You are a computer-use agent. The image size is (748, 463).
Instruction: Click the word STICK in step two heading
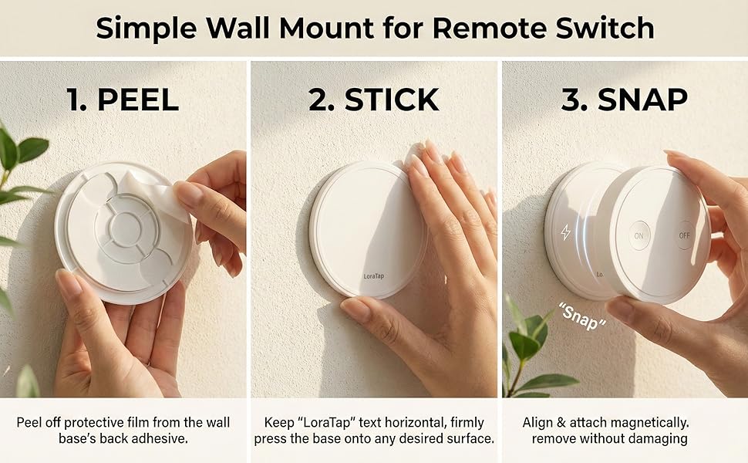click(392, 100)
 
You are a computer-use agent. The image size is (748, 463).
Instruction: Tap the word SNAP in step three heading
click(645, 100)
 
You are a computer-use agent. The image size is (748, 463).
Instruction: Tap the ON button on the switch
click(638, 236)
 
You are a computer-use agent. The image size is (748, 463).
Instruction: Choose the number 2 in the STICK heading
click(318, 100)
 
